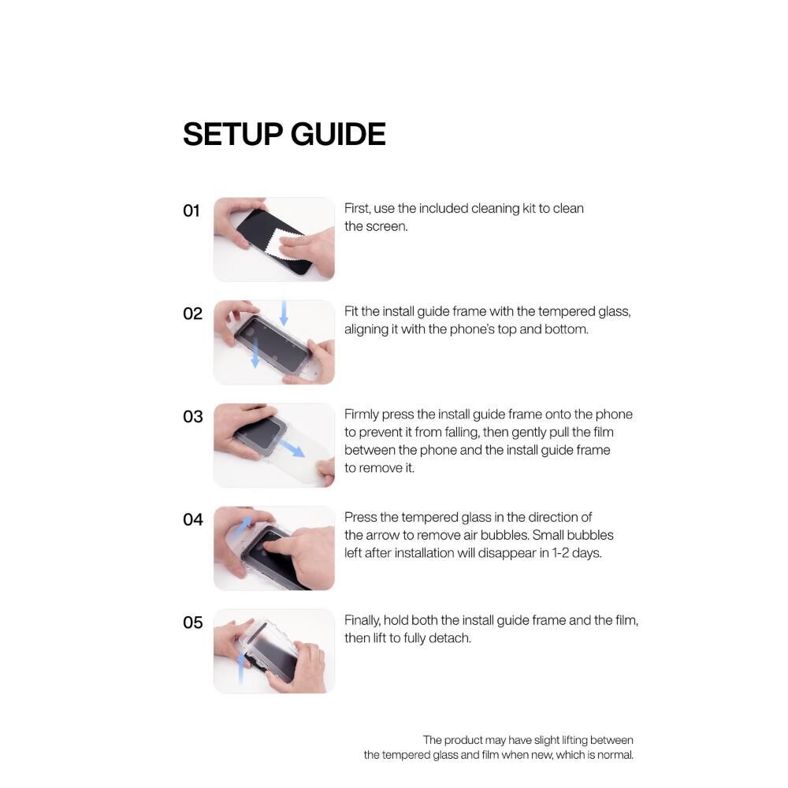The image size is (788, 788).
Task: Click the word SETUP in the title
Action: click(x=232, y=134)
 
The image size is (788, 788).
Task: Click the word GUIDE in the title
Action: click(x=338, y=134)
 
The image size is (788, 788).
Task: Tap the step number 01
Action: click(x=191, y=210)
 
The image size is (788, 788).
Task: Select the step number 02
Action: click(x=192, y=314)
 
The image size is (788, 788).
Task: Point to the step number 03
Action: click(x=193, y=417)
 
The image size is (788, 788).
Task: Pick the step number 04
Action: click(x=193, y=519)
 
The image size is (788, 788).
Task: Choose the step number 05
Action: click(x=193, y=623)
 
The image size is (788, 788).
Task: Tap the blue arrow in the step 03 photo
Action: click(x=292, y=448)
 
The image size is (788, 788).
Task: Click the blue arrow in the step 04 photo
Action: click(x=243, y=525)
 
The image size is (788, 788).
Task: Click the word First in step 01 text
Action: click(x=357, y=209)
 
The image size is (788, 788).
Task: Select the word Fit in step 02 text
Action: click(x=351, y=311)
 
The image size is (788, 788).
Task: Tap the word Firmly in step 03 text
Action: click(x=362, y=415)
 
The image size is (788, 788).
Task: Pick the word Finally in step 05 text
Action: click(x=362, y=621)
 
